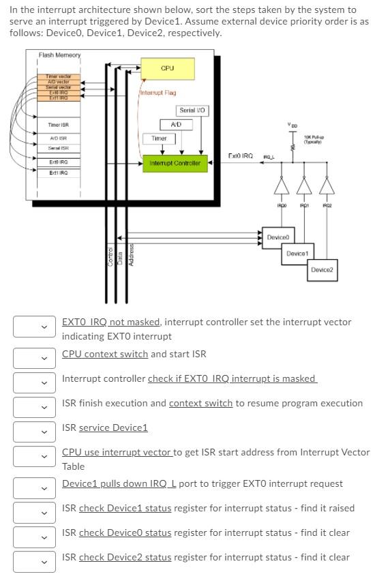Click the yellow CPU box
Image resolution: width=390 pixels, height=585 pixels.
pyautogui.click(x=167, y=68)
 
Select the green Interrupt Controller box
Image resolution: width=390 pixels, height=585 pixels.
pyautogui.click(x=175, y=164)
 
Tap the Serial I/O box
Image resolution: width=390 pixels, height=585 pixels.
pyautogui.click(x=192, y=110)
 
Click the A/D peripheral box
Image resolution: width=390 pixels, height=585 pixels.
pyautogui.click(x=175, y=124)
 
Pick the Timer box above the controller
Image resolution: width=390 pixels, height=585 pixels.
pyautogui.click(x=159, y=138)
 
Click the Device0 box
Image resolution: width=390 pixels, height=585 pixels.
pyautogui.click(x=278, y=237)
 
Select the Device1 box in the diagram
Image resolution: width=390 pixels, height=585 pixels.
pyautogui.click(x=297, y=254)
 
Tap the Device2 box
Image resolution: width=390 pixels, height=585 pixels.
pyautogui.click(x=321, y=270)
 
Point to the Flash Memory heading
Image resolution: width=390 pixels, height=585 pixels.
pyautogui.click(x=59, y=55)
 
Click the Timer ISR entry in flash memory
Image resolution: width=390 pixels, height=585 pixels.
pyautogui.click(x=58, y=125)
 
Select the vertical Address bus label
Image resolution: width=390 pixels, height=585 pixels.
pyautogui.click(x=132, y=254)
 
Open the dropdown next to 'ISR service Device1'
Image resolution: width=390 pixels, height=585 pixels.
pyautogui.click(x=34, y=432)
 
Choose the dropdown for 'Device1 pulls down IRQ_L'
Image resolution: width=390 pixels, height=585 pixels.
pyautogui.click(x=34, y=487)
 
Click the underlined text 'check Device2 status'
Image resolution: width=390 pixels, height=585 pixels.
pyautogui.click(x=125, y=557)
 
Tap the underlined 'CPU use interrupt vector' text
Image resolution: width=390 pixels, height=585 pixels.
pyautogui.click(x=117, y=452)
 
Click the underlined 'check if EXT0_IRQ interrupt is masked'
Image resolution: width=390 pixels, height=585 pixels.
pyautogui.click(x=232, y=378)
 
